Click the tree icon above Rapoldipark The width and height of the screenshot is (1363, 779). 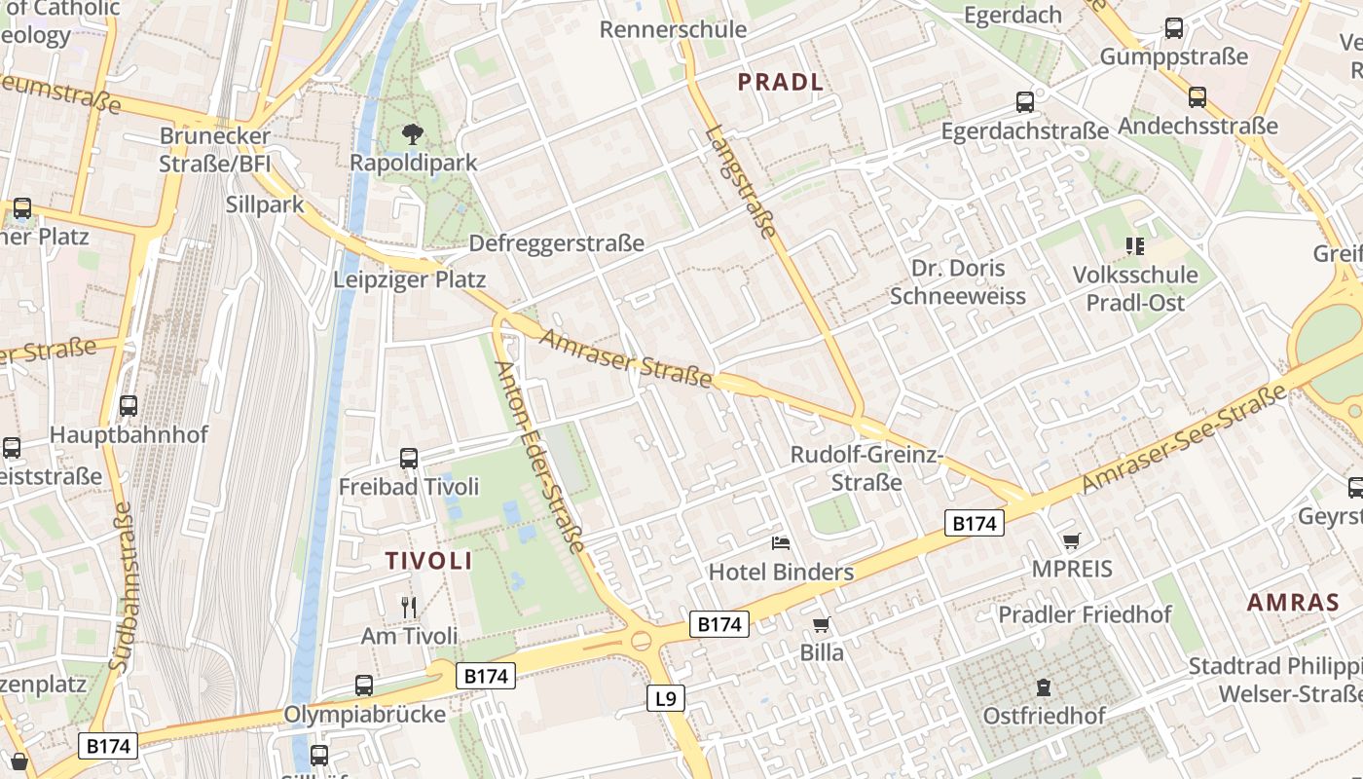coord(413,133)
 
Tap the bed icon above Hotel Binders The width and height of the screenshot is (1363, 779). coord(781,542)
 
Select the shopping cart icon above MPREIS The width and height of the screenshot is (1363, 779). coord(1072,539)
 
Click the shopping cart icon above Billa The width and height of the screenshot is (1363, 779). coord(822,624)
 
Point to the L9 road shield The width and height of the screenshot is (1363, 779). coord(666,697)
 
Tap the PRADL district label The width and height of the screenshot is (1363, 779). coord(781,82)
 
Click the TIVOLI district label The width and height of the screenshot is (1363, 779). coord(428,561)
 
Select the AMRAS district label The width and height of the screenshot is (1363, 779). coord(1294,602)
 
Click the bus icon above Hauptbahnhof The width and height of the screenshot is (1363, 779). coord(129,405)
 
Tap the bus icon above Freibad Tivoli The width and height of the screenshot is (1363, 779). coord(409,458)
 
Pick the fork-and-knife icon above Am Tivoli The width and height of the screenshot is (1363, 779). coord(409,607)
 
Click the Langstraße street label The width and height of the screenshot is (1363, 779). coord(742,182)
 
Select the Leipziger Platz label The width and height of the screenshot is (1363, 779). coord(409,279)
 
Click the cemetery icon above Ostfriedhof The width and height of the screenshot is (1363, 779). coord(1044,687)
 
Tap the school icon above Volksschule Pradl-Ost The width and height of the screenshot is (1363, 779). coord(1134,246)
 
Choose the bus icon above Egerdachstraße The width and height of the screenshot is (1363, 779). coord(1025,101)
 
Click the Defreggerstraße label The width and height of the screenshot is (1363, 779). coord(557,243)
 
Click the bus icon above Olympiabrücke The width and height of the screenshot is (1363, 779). coord(364,685)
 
